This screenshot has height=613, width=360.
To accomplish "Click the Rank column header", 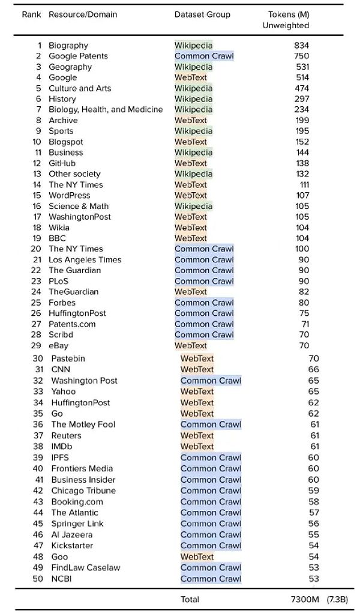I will coord(32,14).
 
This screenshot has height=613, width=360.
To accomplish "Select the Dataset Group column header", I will coord(202,14).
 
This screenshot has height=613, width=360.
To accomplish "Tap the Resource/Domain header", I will coord(83,14).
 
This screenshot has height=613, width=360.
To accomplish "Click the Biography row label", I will coord(68,46).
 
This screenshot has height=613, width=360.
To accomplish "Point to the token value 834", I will coord(302,46).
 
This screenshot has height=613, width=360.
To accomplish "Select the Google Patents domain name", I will coord(78,56).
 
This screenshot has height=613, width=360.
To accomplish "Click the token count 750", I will coord(302,56).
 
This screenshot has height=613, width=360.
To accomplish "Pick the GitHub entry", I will coord(62,163).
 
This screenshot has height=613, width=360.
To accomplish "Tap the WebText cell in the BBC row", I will coord(191,238).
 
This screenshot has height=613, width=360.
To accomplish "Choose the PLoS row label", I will coord(59,281).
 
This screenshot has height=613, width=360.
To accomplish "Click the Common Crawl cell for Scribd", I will coord(204,335).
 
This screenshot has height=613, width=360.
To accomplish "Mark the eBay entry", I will coord(59,346).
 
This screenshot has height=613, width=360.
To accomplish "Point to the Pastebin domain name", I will coord(68,359).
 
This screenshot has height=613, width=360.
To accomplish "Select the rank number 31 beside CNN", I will coord(40,370).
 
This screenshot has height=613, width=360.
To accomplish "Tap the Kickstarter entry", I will coord(72,546).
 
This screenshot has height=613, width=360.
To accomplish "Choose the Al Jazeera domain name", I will coord(72,535).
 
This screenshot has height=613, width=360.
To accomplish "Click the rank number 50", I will coord(38,579).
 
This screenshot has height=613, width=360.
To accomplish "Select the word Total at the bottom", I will coord(190,599).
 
